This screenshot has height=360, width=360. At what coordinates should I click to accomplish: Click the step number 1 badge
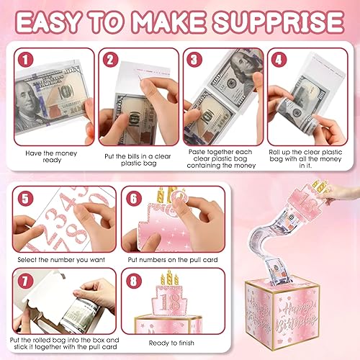tap(25, 60)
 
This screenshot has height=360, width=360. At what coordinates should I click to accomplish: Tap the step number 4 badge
tap(279, 60)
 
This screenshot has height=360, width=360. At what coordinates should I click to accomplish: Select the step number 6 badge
tap(134, 199)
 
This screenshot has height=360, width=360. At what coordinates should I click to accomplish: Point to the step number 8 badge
tap(134, 281)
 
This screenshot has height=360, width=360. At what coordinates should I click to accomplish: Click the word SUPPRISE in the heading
tap(279, 22)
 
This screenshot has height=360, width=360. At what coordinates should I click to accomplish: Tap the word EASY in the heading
tap(48, 22)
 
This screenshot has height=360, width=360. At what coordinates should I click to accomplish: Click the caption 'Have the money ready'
tap(51, 156)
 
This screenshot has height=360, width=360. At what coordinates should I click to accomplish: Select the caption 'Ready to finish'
tap(171, 343)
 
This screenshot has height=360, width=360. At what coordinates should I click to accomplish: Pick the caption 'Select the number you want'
tap(61, 260)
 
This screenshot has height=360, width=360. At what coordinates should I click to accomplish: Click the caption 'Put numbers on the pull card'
tap(173, 260)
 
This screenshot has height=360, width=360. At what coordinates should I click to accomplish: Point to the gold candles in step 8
tap(170, 277)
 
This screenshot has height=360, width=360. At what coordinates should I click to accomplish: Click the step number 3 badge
tap(194, 60)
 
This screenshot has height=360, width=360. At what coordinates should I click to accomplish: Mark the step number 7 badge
tap(25, 281)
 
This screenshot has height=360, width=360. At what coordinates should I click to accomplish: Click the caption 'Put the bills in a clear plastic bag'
tap(138, 160)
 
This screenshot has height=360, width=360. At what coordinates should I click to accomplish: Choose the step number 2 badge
tap(110, 60)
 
